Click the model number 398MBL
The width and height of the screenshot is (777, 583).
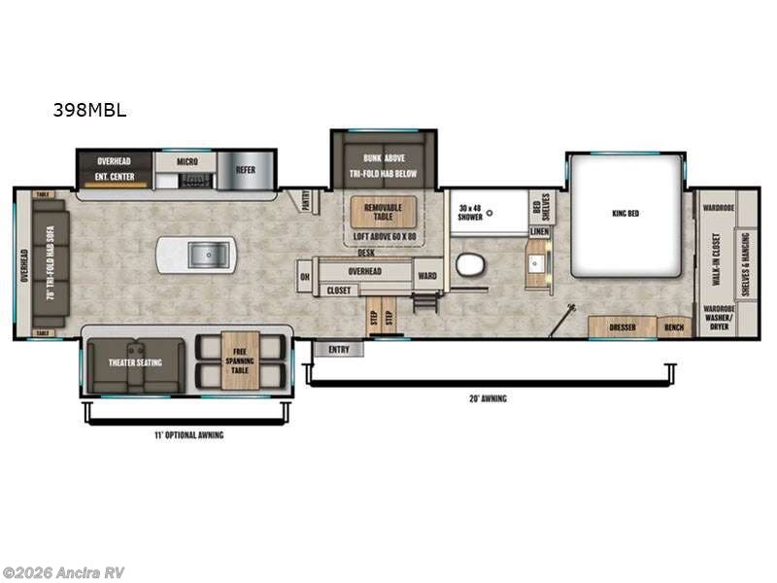point(89,110)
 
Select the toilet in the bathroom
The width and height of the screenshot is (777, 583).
point(470,264)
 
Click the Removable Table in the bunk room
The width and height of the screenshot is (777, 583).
point(383,213)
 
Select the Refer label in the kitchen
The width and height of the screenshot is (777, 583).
point(245,169)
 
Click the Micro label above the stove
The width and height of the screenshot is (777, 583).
point(189,160)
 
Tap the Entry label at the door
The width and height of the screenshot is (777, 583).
point(338,350)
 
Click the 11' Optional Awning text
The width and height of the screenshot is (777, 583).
point(189,434)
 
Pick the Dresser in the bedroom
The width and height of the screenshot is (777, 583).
point(622,327)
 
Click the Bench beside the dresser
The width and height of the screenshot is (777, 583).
point(674,327)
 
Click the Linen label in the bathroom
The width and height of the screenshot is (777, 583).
point(539,232)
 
